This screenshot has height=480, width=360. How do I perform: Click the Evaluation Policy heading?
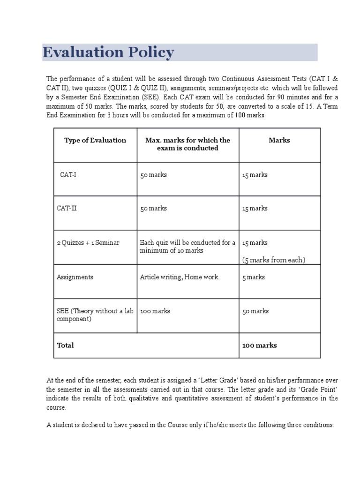click(108, 52)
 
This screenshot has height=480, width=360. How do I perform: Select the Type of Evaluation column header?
click(95, 140)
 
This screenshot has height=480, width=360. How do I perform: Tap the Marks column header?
click(279, 140)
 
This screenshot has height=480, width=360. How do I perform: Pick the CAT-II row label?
click(67, 208)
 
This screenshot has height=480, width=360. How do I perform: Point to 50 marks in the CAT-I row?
click(153, 175)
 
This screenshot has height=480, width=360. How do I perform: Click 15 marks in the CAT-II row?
click(255, 208)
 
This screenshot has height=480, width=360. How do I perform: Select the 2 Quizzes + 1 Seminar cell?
click(88, 243)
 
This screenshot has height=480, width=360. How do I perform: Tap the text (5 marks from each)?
click(273, 260)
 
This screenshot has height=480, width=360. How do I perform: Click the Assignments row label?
click(75, 277)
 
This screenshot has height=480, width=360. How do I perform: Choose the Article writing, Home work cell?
click(179, 277)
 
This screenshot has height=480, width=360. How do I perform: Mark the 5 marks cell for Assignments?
click(253, 277)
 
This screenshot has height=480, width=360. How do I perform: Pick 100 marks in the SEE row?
click(155, 311)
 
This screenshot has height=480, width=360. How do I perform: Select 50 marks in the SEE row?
click(255, 311)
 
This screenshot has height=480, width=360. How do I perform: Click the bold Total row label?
click(66, 345)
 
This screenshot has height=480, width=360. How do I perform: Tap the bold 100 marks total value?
click(259, 345)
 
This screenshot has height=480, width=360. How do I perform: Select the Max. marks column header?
click(187, 144)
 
